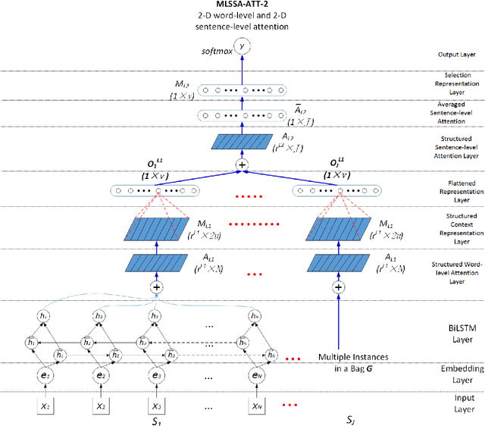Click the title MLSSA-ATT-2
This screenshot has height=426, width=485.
(x=242, y=5)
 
